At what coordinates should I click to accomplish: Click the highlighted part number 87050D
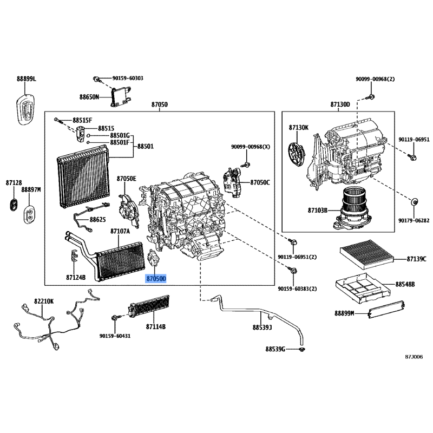point(156,278)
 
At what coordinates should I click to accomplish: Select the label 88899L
point(26,79)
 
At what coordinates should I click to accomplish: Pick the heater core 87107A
point(120,259)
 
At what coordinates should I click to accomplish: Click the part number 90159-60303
point(128,78)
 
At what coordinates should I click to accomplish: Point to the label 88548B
point(404,284)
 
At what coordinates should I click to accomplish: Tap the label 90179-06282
point(414,221)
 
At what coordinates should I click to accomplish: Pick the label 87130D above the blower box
point(340,104)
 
